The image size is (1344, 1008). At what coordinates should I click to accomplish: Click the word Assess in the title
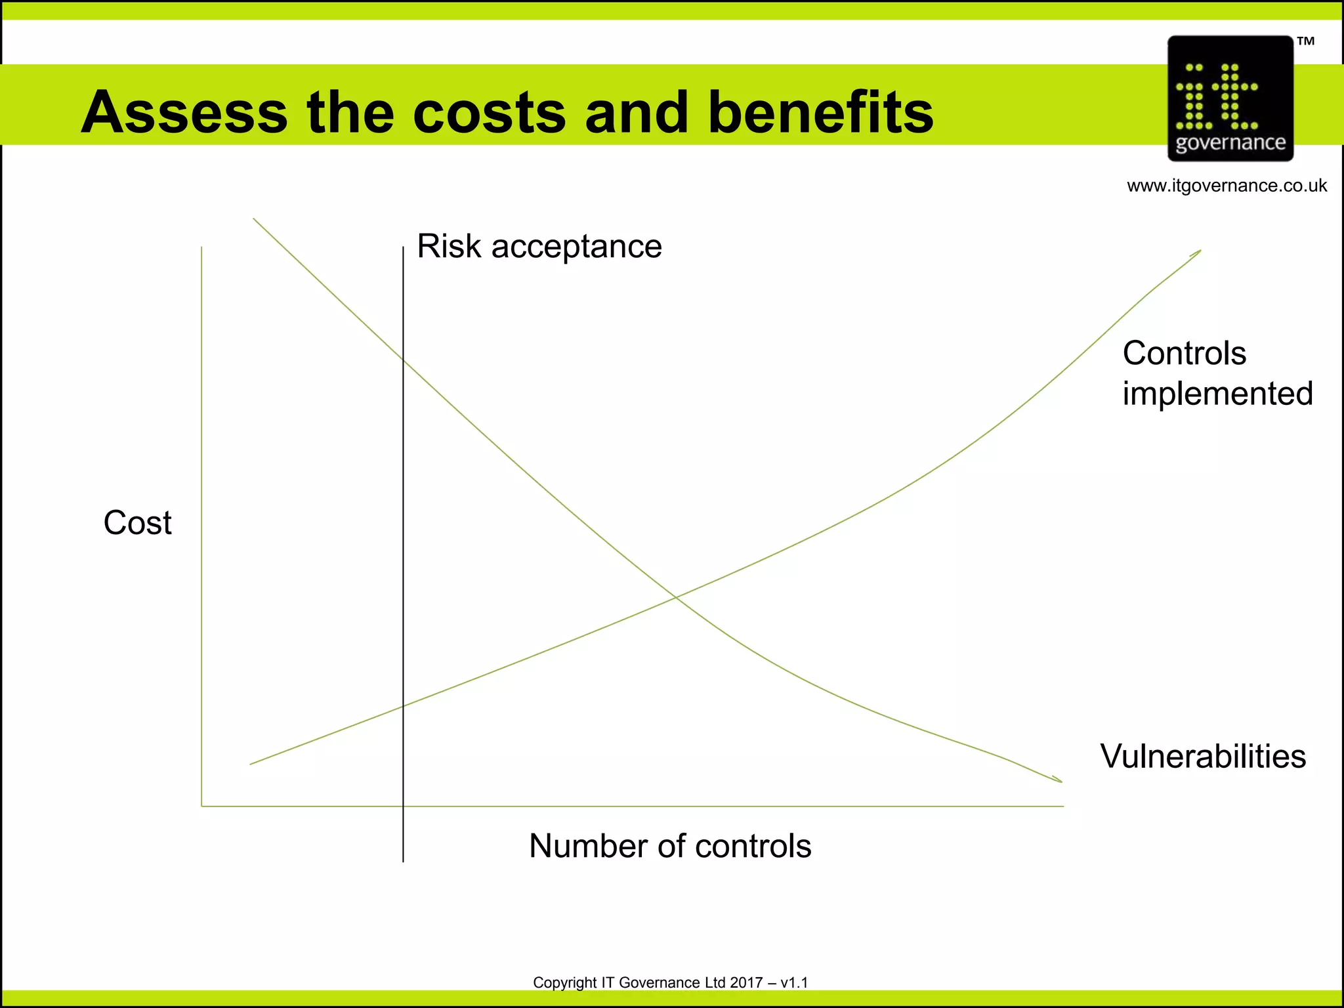pos(184,112)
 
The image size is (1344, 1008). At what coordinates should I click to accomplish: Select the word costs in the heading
pos(490,112)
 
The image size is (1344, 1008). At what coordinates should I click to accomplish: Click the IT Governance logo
pos(1230,98)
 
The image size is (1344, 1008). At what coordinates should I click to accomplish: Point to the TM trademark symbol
pos(1305,41)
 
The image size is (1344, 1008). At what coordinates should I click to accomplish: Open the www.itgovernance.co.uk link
pos(1227,186)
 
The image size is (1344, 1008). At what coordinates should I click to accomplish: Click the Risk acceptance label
pos(539,247)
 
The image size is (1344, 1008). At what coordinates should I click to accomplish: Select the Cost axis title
pos(138,523)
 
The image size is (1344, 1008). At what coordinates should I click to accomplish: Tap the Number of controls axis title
pos(670,846)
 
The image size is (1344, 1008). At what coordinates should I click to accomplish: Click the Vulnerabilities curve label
pos(1203,756)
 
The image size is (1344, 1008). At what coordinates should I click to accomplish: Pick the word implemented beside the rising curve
pos(1217,394)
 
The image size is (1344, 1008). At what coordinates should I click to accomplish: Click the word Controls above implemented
pos(1184,353)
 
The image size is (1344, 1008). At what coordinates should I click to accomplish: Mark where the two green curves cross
pos(675,597)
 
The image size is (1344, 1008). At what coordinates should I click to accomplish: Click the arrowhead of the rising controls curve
pos(1198,252)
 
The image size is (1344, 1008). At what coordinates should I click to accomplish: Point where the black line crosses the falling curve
pos(403,360)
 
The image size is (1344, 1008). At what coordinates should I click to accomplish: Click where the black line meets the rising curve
pos(403,706)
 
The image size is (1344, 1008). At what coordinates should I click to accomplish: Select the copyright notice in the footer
pos(670,982)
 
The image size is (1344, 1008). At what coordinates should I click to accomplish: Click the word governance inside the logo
pos(1230,143)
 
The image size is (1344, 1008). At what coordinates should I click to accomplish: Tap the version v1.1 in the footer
pos(794,982)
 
